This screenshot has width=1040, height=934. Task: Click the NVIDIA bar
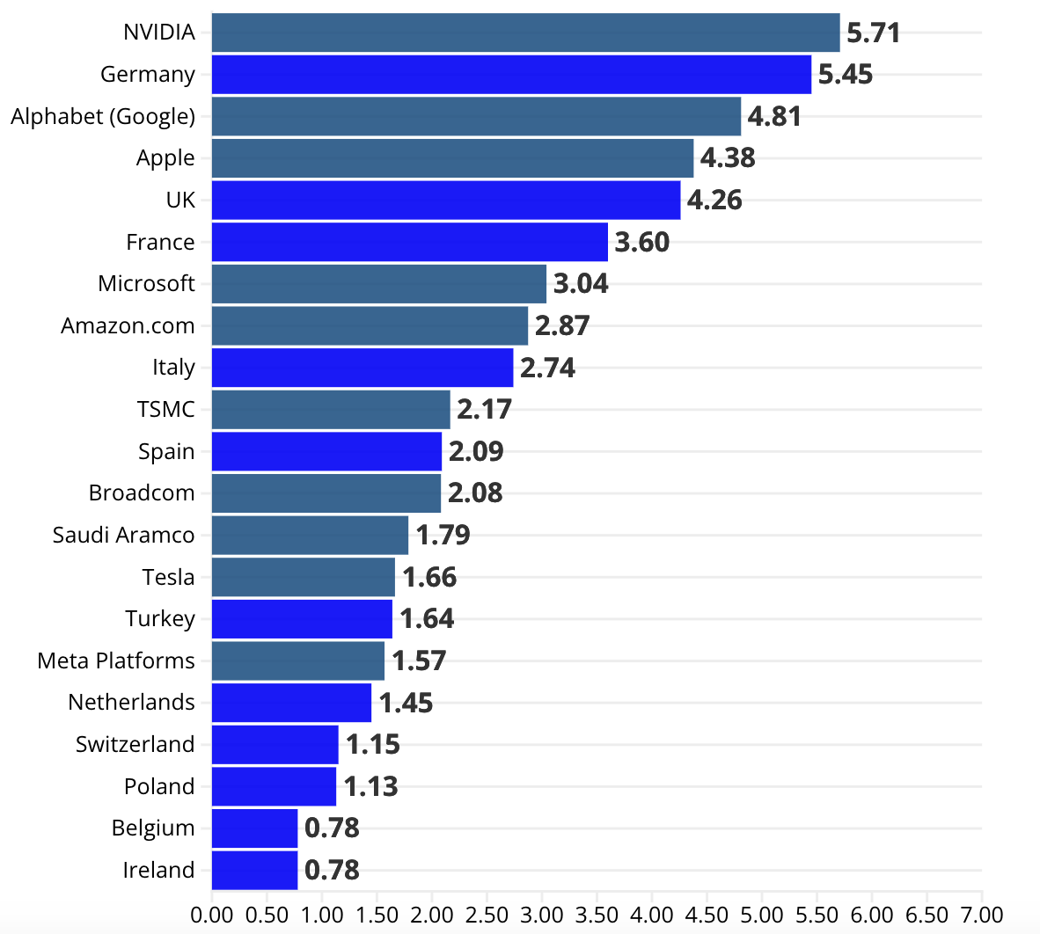click(526, 33)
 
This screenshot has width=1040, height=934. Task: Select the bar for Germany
click(511, 74)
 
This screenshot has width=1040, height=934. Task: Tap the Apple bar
click(453, 158)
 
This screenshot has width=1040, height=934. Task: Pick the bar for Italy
click(363, 368)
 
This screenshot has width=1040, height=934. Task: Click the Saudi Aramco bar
click(311, 536)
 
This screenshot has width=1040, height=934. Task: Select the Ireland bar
click(254, 871)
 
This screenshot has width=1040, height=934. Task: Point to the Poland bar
click(274, 787)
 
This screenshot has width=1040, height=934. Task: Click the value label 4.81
click(774, 117)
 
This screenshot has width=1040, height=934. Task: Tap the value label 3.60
click(642, 243)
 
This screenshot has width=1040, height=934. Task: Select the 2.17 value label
click(484, 410)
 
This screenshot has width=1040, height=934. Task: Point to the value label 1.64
click(427, 619)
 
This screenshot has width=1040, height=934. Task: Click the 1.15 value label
click(373, 745)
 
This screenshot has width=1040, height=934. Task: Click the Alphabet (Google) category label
click(103, 117)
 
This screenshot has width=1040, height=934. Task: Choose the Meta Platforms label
click(116, 660)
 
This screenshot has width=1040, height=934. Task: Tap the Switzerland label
click(135, 744)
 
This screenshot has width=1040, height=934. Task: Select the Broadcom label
click(142, 493)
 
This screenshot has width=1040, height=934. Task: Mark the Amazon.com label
click(128, 326)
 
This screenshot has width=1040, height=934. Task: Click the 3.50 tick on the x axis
click(597, 916)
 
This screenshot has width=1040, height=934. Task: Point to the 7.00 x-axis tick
click(982, 916)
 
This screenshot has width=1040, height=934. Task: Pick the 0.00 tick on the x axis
click(212, 916)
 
